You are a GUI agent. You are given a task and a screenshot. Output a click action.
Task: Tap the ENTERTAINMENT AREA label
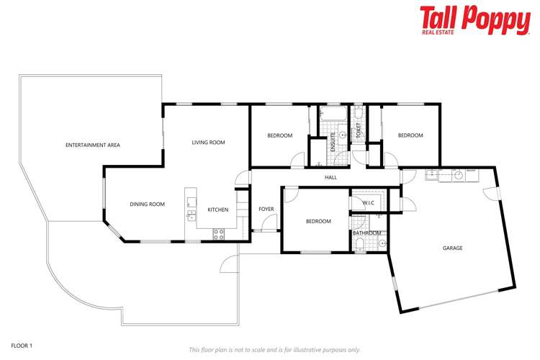pos(93,145)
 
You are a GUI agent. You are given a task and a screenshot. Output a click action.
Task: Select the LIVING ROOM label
pos(208,143)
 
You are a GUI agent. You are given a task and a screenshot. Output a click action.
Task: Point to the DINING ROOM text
pos(147,204)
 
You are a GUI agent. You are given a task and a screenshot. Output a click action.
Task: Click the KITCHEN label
pos(218,210)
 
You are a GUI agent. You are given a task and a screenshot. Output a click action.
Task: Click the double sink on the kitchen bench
pos(191,209)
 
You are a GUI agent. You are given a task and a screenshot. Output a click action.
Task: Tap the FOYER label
pos(266,209)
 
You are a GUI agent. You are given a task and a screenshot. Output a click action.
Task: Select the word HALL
pos(330,177)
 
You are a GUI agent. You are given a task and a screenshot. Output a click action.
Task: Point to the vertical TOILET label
pos(358,131)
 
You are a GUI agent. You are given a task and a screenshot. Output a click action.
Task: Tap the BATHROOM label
pos(366,233)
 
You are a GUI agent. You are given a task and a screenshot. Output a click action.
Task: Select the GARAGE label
pos(452,248)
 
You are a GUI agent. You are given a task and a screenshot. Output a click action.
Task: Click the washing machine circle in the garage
pos(456,174)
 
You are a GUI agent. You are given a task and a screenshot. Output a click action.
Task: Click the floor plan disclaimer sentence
pos(274,349)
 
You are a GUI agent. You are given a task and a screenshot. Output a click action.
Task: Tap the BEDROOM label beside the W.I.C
pos(318,221)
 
